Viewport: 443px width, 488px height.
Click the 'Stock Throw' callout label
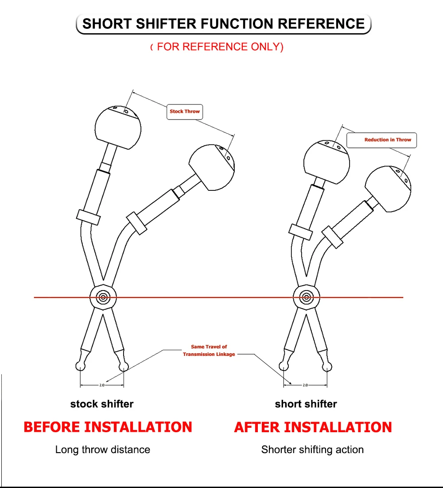[x=185, y=112]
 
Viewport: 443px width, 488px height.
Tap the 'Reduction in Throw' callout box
[x=381, y=140]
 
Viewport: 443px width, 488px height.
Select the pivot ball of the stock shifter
[x=103, y=297]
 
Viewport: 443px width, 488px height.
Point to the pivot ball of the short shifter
[x=306, y=297]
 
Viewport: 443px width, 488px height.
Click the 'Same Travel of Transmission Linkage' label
[x=209, y=350]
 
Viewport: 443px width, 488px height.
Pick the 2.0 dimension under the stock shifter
[x=101, y=385]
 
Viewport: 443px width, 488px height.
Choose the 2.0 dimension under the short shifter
[x=305, y=385]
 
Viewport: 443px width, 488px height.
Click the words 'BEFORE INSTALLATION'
[x=108, y=427]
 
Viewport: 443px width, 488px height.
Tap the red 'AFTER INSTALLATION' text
[x=313, y=427]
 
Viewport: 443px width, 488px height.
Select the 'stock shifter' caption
[x=102, y=404]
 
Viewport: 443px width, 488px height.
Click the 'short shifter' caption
[x=306, y=404]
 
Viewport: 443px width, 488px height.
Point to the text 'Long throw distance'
[x=103, y=449]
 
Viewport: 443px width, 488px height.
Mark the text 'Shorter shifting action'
[x=312, y=449]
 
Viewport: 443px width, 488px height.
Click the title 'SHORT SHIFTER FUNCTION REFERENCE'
[x=223, y=23]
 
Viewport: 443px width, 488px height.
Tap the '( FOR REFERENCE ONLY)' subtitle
[x=217, y=47]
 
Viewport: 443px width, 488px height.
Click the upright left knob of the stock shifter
[x=118, y=128]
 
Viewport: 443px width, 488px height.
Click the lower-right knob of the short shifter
[x=389, y=189]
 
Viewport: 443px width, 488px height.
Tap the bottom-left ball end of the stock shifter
[x=80, y=365]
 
